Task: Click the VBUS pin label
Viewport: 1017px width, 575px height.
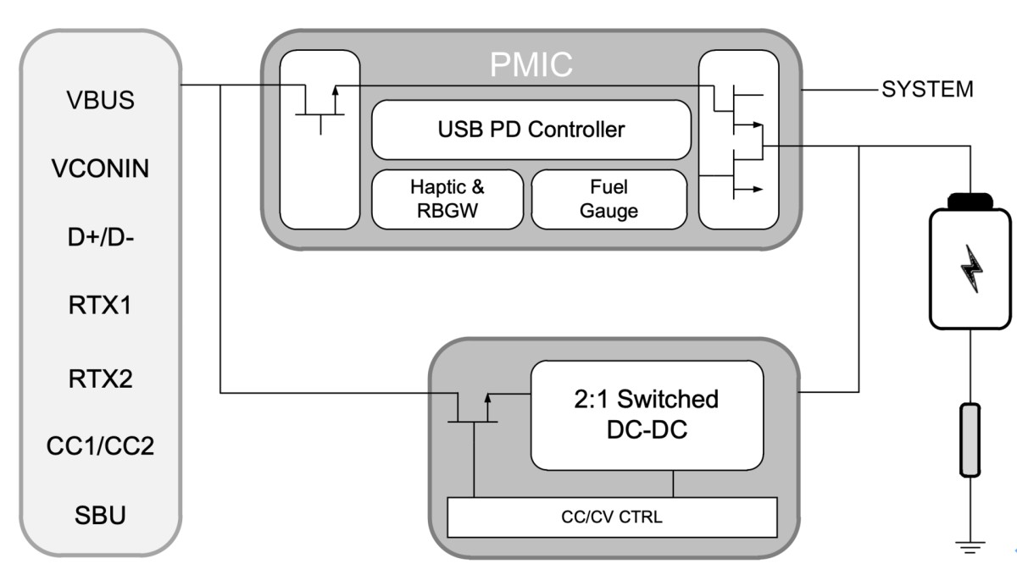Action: (100, 100)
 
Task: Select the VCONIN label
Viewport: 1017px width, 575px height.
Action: (100, 169)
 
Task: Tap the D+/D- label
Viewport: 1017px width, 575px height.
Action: (100, 238)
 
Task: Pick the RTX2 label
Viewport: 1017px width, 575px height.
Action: (100, 377)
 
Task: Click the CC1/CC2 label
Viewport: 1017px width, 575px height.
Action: (100, 446)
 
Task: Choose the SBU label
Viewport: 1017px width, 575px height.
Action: (100, 515)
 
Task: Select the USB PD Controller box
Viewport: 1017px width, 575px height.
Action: (531, 130)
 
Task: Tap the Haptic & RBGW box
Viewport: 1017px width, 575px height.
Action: (447, 199)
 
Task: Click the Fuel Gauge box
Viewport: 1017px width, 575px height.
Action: (609, 199)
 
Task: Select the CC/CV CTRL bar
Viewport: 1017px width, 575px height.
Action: (611, 517)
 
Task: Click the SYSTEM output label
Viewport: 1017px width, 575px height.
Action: (927, 90)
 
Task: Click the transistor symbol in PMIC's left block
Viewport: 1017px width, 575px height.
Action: (320, 105)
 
